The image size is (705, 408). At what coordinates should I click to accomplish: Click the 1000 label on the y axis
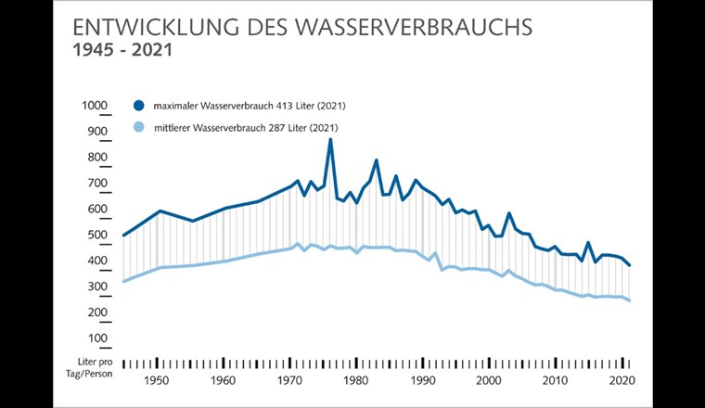coord(96,107)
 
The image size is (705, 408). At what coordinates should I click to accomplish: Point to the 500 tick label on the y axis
coord(98,236)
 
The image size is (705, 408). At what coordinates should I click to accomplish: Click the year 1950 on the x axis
coord(157,381)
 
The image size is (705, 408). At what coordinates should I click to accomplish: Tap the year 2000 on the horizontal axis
coord(489,381)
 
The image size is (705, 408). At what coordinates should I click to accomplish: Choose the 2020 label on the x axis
coord(622,381)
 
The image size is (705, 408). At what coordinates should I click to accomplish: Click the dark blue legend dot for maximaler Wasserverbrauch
coord(139,106)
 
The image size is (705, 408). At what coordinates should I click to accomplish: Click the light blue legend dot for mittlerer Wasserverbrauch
coord(139,127)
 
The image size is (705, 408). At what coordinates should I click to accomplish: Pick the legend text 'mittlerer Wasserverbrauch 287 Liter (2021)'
coord(245,127)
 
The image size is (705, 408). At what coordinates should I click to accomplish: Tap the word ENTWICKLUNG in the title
coord(147,26)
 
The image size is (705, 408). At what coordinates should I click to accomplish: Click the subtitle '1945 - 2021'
coord(122,50)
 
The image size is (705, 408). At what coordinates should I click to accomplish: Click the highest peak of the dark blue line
coord(330,140)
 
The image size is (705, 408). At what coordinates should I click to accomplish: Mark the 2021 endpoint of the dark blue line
coord(631,266)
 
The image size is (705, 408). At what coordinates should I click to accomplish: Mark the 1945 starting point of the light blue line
coord(123,282)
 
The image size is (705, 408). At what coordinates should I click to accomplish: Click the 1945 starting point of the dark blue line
coord(123,236)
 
